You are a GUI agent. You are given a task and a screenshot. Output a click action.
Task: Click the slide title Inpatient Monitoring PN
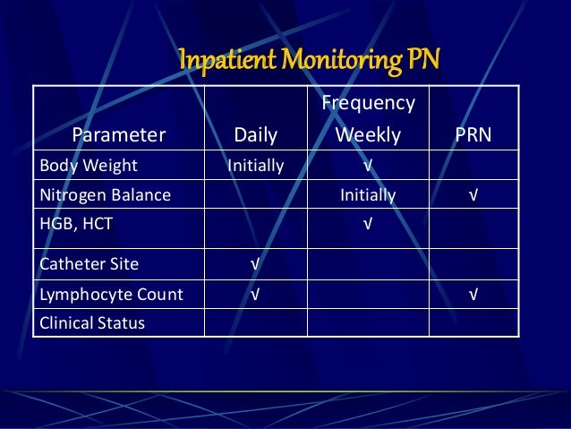click(x=310, y=61)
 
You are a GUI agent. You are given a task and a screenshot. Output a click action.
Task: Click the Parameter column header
click(x=119, y=135)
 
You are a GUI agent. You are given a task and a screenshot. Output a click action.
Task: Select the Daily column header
click(x=255, y=135)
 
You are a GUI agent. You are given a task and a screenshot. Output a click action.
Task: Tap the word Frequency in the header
click(x=368, y=103)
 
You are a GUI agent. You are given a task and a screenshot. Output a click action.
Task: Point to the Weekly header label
click(x=368, y=135)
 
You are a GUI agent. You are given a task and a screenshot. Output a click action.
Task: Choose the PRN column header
click(x=473, y=135)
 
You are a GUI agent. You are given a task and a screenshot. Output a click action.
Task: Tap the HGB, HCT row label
click(x=77, y=224)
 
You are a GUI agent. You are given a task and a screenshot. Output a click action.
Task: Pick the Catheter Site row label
click(x=89, y=264)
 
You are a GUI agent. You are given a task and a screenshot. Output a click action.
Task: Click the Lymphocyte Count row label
click(x=112, y=294)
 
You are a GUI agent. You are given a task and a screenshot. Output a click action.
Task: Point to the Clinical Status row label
click(x=92, y=322)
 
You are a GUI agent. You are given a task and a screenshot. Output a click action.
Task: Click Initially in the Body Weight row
click(x=255, y=166)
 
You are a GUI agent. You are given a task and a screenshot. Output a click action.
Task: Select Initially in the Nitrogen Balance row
click(x=368, y=194)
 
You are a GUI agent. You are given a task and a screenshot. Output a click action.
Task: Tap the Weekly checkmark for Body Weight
click(x=368, y=166)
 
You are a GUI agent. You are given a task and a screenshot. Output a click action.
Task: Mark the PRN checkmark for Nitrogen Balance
click(x=473, y=194)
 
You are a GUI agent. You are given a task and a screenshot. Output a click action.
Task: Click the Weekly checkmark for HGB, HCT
click(x=368, y=224)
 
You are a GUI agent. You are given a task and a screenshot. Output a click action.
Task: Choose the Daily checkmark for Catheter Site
click(x=255, y=264)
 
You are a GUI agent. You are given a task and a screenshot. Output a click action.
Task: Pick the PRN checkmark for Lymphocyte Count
click(x=473, y=294)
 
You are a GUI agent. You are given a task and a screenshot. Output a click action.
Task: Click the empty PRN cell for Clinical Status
click(x=473, y=322)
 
